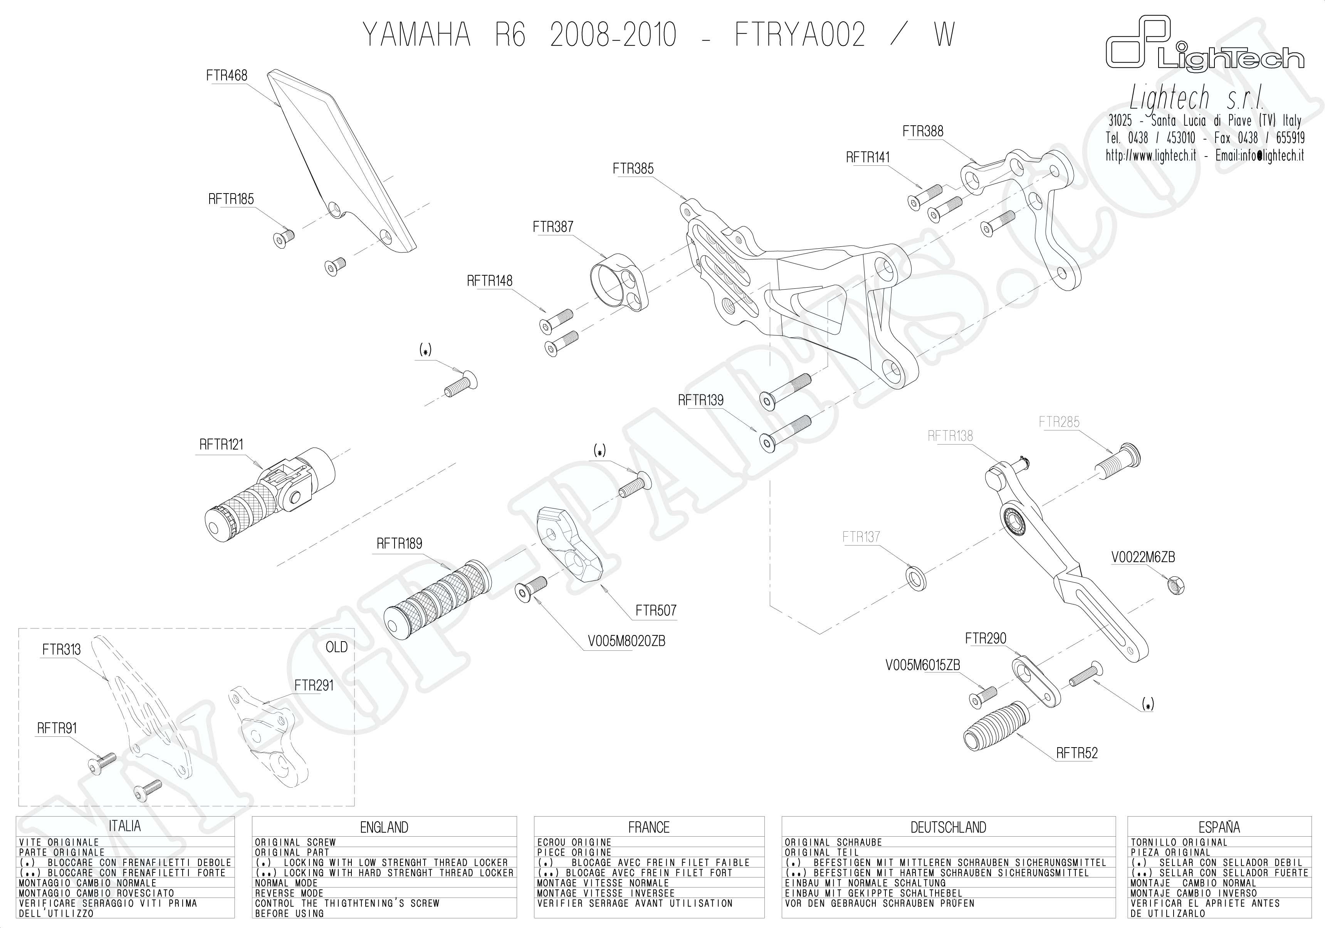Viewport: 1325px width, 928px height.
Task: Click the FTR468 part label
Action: coord(226,76)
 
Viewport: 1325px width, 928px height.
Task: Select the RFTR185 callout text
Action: coord(231,199)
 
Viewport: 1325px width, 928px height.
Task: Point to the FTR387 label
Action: coord(553,227)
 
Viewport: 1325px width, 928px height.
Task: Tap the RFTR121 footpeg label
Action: coord(221,445)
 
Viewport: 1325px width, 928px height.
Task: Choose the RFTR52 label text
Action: coord(1077,753)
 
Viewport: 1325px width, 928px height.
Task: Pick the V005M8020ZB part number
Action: coord(626,641)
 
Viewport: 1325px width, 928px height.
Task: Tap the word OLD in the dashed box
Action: coord(336,647)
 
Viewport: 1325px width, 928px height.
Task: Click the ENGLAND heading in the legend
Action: coord(384,827)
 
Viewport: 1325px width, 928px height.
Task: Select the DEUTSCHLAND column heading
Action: coord(948,827)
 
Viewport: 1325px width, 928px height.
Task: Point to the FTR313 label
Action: coord(61,650)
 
